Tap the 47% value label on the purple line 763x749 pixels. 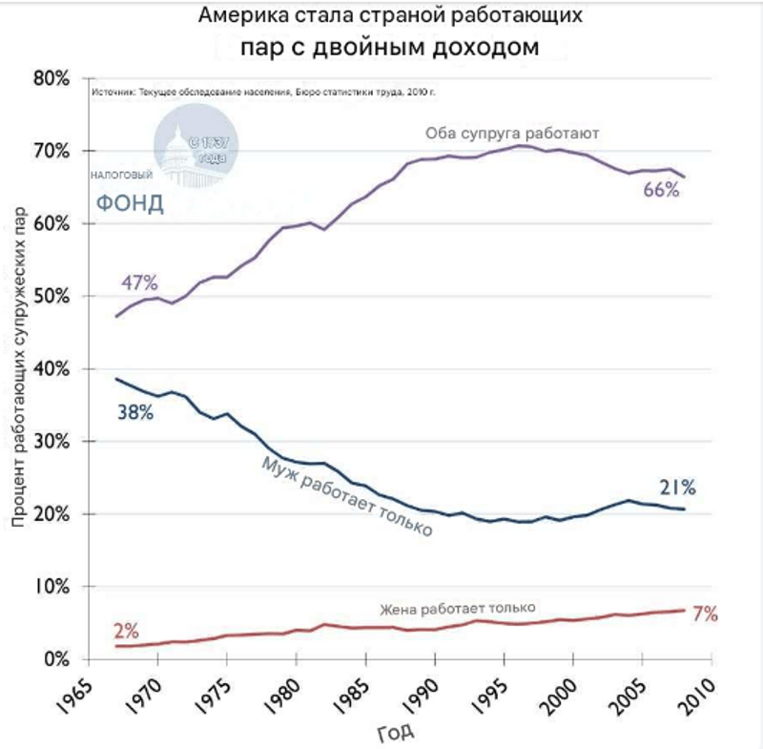(139, 282)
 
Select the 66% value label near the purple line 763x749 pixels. (661, 190)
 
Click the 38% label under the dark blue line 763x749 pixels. (134, 413)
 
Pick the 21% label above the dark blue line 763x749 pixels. (677, 489)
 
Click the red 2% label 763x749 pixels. (126, 631)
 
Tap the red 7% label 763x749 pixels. (705, 614)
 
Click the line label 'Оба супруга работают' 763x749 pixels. (512, 134)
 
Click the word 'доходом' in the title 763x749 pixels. (486, 46)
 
